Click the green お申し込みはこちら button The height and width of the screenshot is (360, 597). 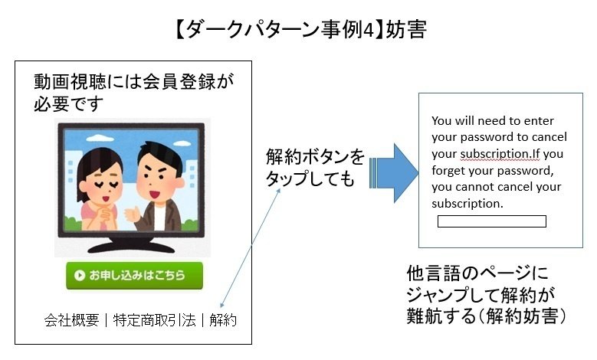134,276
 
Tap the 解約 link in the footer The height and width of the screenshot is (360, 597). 223,320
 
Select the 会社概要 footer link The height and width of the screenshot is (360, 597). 71,320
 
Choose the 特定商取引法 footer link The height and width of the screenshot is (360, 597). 155,320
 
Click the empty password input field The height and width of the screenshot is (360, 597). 492,221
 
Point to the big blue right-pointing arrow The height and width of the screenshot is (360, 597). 394,173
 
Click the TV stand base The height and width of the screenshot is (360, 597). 131,247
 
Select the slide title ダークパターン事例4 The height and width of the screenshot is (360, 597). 280,30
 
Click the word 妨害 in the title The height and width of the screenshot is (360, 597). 406,30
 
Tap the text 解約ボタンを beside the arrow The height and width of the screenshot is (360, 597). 315,157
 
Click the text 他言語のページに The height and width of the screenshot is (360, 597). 477,273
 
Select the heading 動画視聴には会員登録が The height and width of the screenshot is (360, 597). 134,81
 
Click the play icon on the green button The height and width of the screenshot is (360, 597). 80,275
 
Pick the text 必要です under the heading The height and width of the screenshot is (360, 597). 68,103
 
